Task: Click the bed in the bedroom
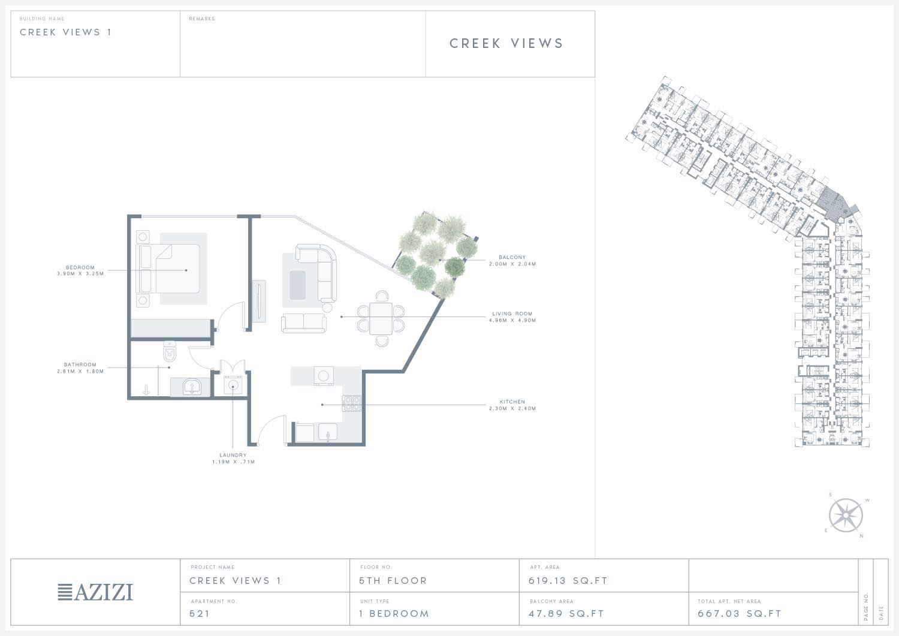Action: tap(168, 268)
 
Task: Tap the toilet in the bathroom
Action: tap(170, 351)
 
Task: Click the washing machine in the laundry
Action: tap(233, 385)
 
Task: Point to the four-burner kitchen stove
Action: tap(352, 403)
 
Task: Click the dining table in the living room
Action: tap(381, 318)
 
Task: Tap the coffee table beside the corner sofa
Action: tap(297, 285)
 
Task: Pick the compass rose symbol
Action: tap(846, 515)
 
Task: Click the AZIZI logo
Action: tap(95, 592)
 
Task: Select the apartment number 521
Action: tap(200, 613)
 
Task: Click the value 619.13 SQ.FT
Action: tap(568, 581)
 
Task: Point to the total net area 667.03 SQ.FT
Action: tap(739, 613)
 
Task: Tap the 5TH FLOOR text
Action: tap(393, 581)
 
